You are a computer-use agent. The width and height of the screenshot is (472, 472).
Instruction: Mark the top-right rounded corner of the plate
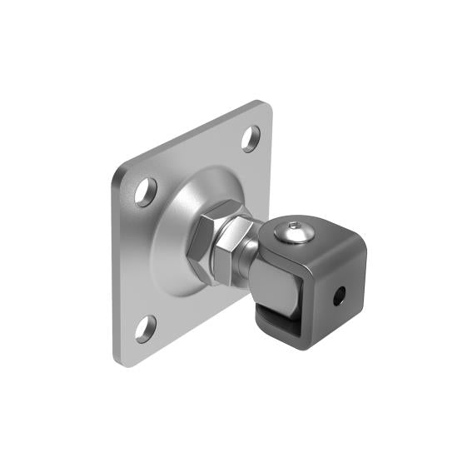[x=265, y=107]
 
